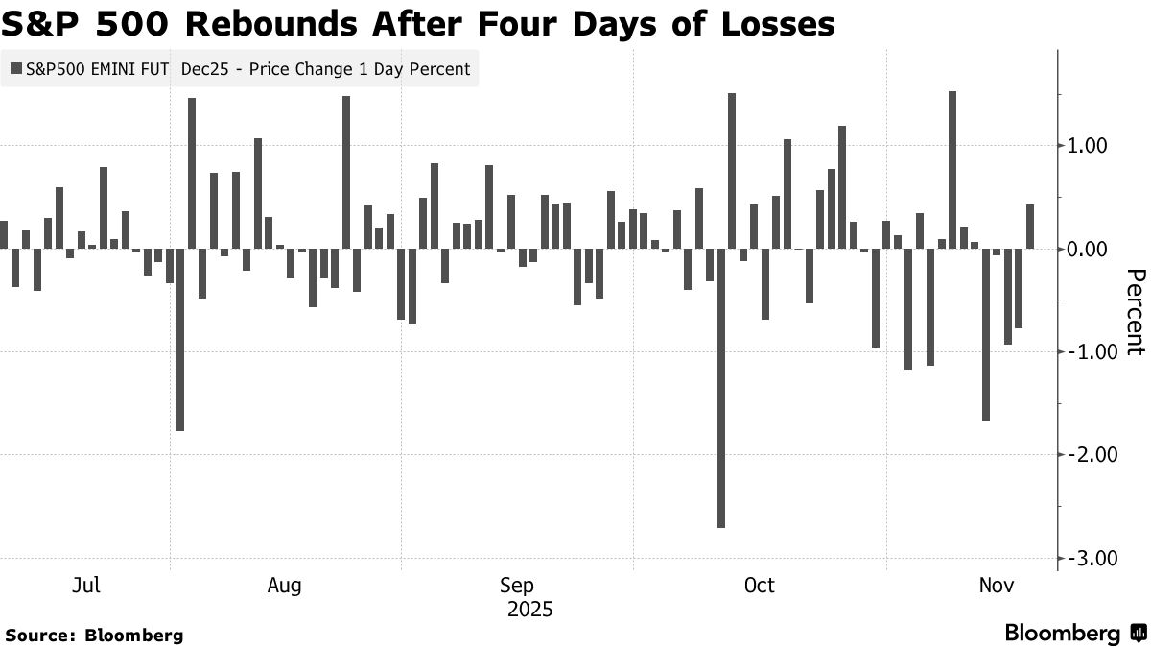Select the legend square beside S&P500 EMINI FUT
pos(15,69)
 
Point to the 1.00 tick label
pos(1088,146)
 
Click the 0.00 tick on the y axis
pos(1088,250)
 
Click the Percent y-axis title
pos(1134,312)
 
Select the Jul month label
pos(86,586)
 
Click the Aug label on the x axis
pos(285,586)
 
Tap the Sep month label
pos(517,586)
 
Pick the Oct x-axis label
pos(759,586)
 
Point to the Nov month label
pos(998,586)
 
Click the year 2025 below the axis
pos(530,610)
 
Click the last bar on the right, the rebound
pos(1030,227)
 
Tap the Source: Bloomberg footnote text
pos(93,635)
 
